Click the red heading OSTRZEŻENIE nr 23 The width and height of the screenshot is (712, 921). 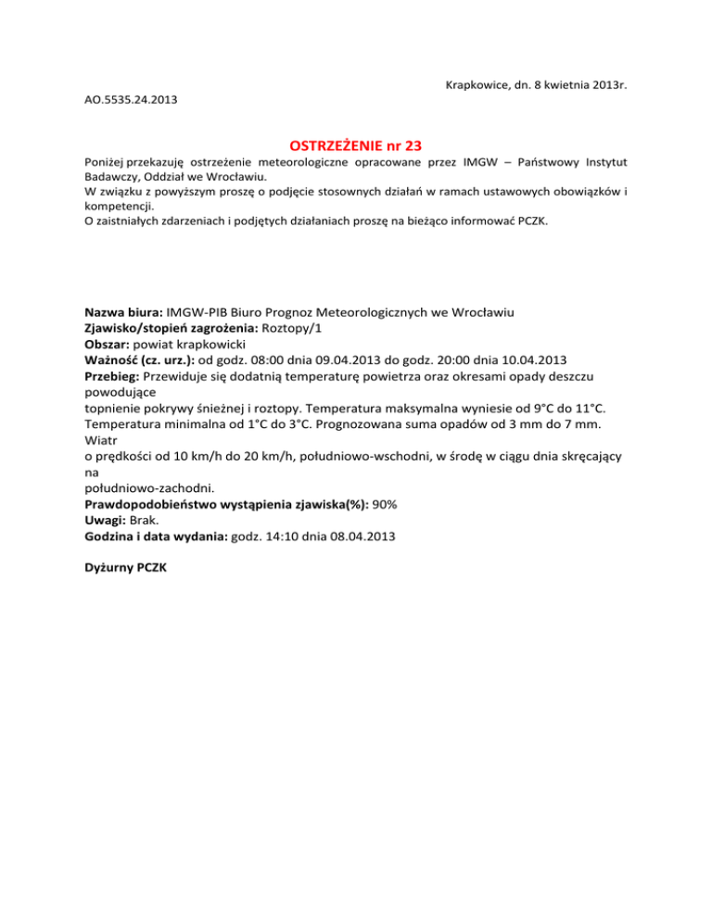coord(356,146)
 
